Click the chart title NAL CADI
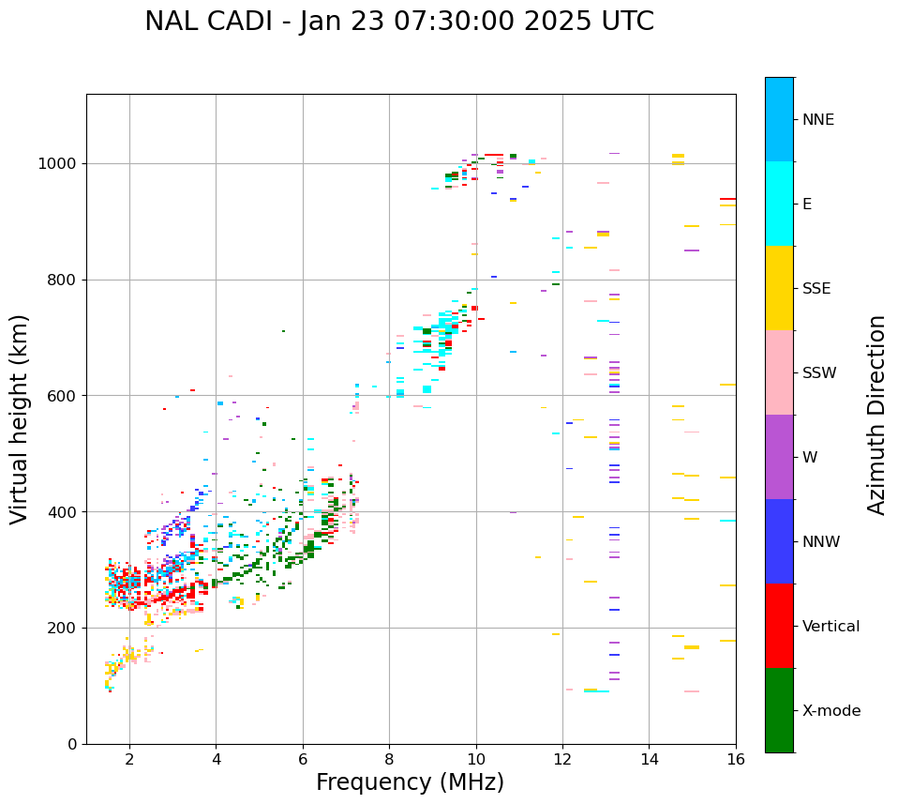pos(399,22)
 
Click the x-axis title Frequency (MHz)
pos(410,782)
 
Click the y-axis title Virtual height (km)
pos(20,419)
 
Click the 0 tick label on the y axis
pos(73,744)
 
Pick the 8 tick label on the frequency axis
pos(389,759)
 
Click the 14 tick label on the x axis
pos(649,759)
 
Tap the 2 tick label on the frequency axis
pos(129,759)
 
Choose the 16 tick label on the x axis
pos(736,759)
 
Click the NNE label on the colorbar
pos(818,120)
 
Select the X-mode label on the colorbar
pos(831,711)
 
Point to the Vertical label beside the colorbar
pos(831,627)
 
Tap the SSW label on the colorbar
pos(819,373)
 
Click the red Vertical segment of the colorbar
pos(779,626)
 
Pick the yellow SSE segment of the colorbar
pos(779,288)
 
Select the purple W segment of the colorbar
pos(779,457)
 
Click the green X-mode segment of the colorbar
pos(779,710)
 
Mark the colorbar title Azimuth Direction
pos(877,415)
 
